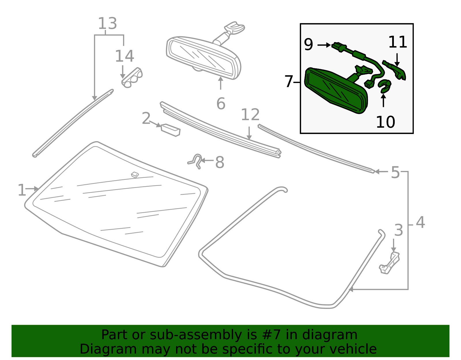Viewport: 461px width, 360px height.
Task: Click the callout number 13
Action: pyautogui.click(x=107, y=24)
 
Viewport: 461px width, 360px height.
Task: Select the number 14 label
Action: pyautogui.click(x=124, y=56)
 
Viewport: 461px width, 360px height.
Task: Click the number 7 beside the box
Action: pyautogui.click(x=288, y=82)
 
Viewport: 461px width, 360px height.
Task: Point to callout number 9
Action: pyautogui.click(x=308, y=45)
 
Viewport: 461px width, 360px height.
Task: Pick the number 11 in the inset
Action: pyautogui.click(x=397, y=42)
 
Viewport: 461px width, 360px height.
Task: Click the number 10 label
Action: pyautogui.click(x=385, y=122)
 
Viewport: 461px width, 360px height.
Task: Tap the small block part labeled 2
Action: pyautogui.click(x=171, y=130)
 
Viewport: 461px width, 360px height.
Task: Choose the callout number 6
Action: pyautogui.click(x=221, y=104)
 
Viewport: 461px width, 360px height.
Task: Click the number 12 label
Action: pyautogui.click(x=250, y=115)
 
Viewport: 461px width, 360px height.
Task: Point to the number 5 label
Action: pyautogui.click(x=395, y=173)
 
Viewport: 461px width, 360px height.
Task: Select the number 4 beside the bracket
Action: pyautogui.click(x=420, y=223)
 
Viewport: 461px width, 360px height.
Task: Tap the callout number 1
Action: pyautogui.click(x=22, y=190)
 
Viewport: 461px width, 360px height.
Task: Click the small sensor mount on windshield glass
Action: pyautogui.click(x=135, y=175)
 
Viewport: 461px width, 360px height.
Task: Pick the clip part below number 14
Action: pyautogui.click(x=132, y=78)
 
